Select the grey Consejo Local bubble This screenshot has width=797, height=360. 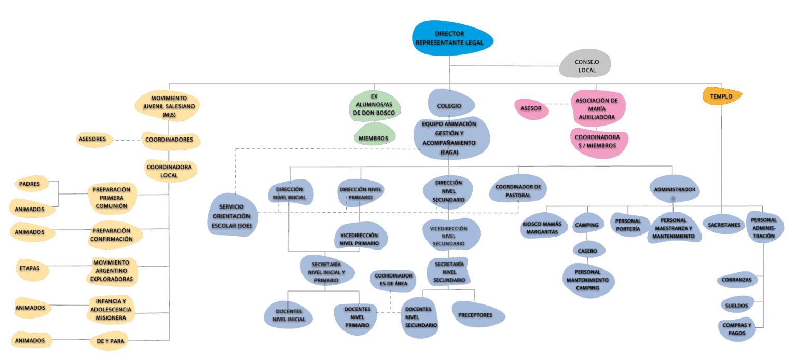point(586,65)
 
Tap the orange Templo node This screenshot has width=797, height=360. point(721,96)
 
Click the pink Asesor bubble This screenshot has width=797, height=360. point(531,109)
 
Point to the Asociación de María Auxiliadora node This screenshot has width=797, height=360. point(597,108)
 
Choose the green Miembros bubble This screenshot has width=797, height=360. point(373,138)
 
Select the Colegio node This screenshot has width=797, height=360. point(449,105)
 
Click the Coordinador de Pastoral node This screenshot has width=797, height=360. point(518,190)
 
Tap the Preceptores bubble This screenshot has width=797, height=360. point(475,315)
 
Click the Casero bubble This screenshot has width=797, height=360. point(587,251)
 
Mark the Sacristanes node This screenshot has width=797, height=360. point(723,225)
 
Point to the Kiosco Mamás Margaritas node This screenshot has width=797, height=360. point(542,228)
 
